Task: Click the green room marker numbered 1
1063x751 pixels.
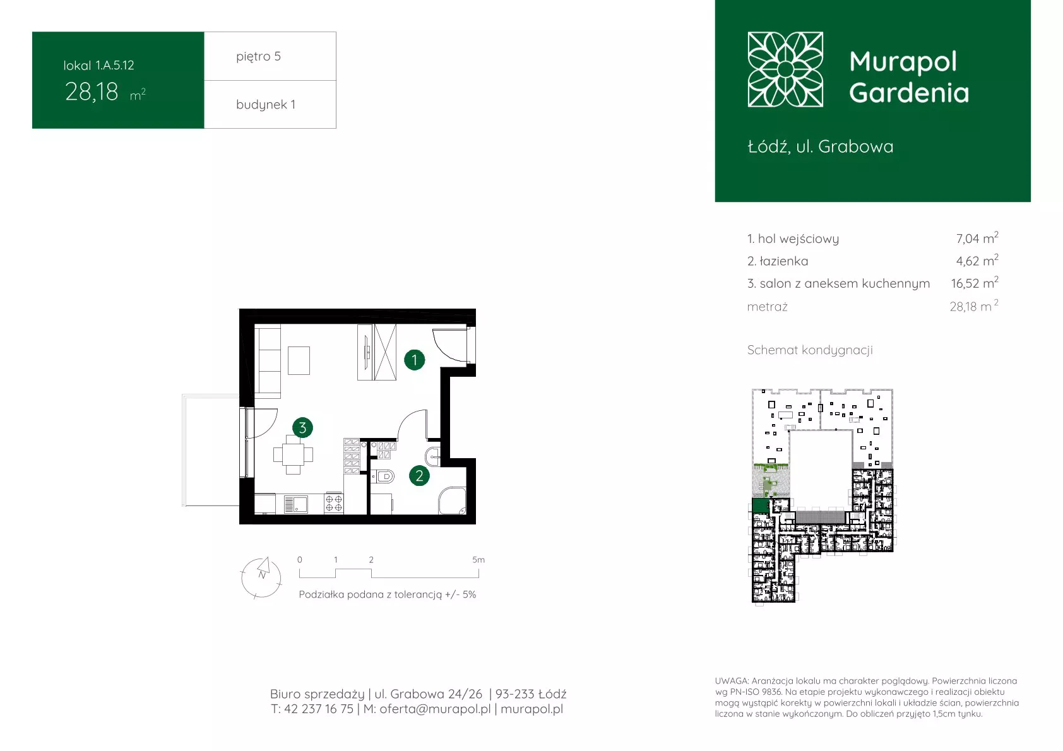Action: click(x=414, y=360)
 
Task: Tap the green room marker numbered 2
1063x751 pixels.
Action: click(x=419, y=476)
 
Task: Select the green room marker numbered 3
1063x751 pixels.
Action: click(x=302, y=428)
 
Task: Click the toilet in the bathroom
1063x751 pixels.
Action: click(x=383, y=476)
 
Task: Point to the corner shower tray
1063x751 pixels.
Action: click(x=452, y=501)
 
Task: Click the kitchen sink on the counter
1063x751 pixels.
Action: click(x=295, y=504)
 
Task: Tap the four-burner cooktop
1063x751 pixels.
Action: click(x=334, y=504)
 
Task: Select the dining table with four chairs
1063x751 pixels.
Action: click(x=293, y=455)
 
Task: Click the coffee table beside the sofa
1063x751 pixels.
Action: click(x=299, y=360)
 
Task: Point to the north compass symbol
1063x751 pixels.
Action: click(x=261, y=577)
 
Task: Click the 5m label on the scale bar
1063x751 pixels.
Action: click(x=478, y=560)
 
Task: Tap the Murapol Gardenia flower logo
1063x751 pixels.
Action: click(x=785, y=69)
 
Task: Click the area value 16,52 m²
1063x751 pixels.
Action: click(x=975, y=283)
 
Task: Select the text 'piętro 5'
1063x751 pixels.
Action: click(x=259, y=56)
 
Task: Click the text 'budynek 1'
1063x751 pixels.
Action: click(x=266, y=104)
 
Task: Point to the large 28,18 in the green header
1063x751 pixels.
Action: click(x=92, y=92)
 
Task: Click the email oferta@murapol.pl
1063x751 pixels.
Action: click(x=435, y=709)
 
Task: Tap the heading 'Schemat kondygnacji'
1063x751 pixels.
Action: click(x=810, y=350)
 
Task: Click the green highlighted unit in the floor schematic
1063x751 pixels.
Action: click(x=761, y=506)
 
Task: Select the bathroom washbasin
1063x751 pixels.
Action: click(x=433, y=456)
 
